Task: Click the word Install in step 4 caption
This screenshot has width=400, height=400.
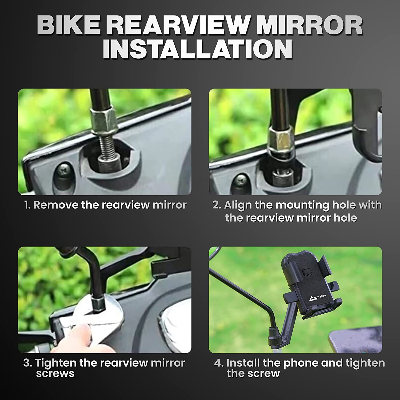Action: pyautogui.click(x=243, y=363)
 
